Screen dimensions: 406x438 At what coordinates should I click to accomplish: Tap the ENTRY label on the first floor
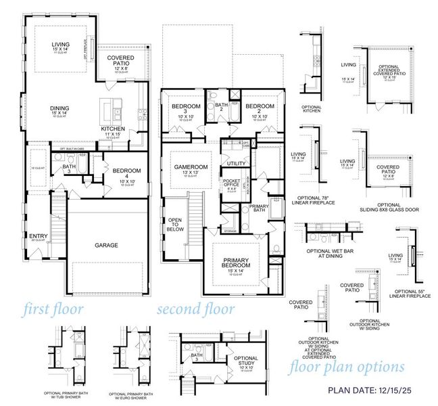pos(38,236)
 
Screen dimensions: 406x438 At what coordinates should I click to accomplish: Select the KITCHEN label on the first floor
pos(112,129)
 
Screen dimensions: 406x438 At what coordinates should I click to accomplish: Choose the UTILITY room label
pos(237,164)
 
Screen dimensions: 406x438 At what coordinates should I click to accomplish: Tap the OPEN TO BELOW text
pos(176,224)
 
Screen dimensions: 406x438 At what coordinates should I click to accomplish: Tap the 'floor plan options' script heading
pos(347,368)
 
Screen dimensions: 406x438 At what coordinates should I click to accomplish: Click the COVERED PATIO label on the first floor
pos(121,62)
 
